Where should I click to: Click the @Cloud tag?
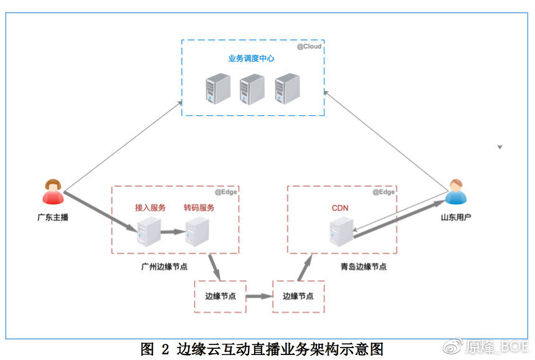pos(309,47)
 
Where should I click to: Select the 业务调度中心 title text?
pos(252,59)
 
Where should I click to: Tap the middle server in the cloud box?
pos(252,90)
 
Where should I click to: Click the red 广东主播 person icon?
pos(53,192)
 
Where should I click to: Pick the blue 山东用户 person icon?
pos(456,192)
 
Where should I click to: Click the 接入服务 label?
pos(150,208)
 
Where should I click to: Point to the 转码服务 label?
pos(199,208)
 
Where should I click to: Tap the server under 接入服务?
pos(149,232)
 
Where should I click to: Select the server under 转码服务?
pos(197,232)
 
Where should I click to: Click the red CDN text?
pos(340,208)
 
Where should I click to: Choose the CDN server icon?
pos(341,232)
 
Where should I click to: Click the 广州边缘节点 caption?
pos(164,267)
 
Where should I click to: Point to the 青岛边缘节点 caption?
pos(364,267)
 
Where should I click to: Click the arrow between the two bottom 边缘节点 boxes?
pos(259,296)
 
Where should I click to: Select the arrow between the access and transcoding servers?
pos(173,232)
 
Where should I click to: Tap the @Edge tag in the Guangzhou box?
pos(226,192)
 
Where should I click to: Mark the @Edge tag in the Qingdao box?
pos(384,192)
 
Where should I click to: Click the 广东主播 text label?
pos(53,217)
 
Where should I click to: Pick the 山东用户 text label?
pos(456,217)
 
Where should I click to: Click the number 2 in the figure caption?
pos(165,349)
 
